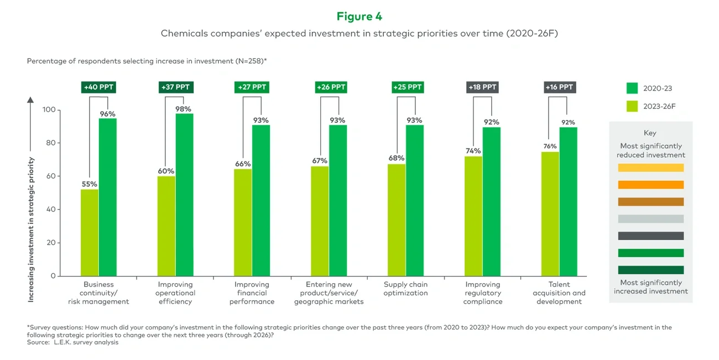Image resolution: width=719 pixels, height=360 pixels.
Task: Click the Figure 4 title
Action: (359, 17)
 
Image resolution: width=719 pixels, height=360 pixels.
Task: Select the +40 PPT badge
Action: (98, 87)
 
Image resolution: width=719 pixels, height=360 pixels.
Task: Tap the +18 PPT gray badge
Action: (482, 87)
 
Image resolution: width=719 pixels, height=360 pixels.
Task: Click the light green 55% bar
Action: (90, 232)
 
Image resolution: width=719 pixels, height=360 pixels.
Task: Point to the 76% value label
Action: (549, 147)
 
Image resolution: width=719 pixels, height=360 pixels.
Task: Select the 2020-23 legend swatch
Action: (632, 88)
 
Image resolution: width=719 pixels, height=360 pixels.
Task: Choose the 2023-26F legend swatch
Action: (632, 106)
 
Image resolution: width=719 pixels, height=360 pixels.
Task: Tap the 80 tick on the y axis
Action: (49, 143)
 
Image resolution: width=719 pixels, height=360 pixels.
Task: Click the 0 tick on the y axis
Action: (53, 276)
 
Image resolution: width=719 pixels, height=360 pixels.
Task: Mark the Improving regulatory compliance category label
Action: (483, 293)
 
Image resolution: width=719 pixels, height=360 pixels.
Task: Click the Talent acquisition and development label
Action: (559, 293)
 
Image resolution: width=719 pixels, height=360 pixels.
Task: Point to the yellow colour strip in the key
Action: (650, 168)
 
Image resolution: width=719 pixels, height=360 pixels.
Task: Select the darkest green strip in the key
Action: (650, 270)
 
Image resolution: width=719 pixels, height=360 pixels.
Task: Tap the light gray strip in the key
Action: (650, 219)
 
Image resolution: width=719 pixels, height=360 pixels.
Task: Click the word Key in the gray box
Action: (650, 133)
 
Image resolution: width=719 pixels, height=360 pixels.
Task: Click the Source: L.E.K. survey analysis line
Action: (72, 342)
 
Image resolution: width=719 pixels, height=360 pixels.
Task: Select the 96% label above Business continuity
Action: (107, 114)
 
